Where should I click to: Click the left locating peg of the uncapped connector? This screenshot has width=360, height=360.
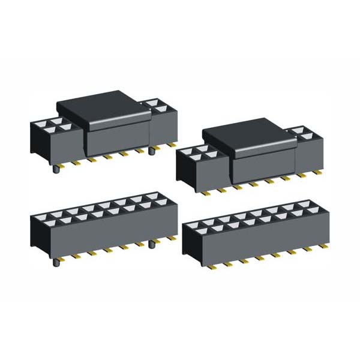tap(56, 262)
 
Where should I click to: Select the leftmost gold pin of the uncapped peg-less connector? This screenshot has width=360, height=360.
tap(211, 265)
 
